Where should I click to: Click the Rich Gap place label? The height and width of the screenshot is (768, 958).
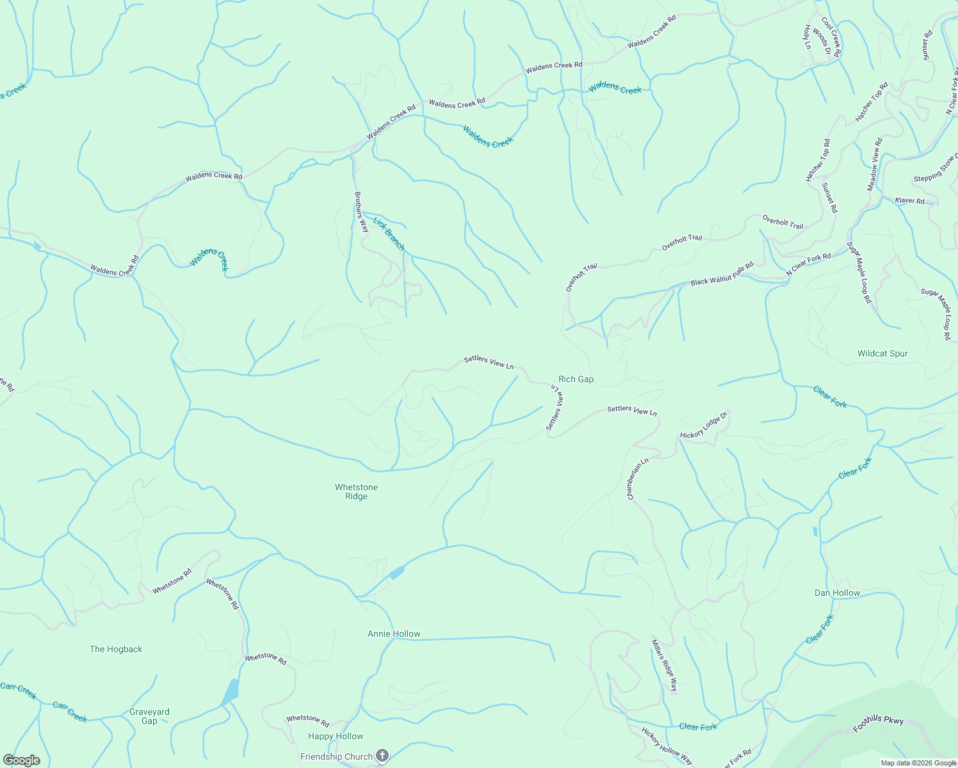tap(576, 379)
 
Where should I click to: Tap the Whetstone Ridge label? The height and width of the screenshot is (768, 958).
tap(356, 492)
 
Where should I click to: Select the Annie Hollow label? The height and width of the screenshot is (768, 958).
tap(394, 634)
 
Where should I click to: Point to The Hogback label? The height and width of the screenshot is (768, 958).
tap(116, 649)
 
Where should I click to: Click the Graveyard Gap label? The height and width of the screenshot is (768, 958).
tap(149, 716)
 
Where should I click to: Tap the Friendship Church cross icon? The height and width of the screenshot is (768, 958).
tap(382, 756)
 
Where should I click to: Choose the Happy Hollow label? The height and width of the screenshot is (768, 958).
tap(336, 736)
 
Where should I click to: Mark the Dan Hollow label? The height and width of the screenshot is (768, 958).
tap(837, 593)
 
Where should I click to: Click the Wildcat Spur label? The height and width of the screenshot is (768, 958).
tap(882, 353)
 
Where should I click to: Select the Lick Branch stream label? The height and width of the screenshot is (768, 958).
tap(389, 234)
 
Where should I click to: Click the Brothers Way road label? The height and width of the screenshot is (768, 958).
tap(361, 212)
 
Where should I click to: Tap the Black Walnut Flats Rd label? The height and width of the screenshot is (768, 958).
tap(722, 274)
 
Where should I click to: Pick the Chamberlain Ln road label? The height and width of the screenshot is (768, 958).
tap(638, 479)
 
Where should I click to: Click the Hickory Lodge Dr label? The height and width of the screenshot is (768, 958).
tap(704, 426)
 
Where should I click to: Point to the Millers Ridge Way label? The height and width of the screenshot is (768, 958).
tap(664, 665)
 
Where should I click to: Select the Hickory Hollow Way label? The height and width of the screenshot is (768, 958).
tap(667, 746)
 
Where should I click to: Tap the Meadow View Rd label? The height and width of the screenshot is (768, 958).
tap(875, 164)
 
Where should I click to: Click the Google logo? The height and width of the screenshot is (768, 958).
tap(22, 760)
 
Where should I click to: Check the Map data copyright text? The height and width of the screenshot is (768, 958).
tap(918, 763)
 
